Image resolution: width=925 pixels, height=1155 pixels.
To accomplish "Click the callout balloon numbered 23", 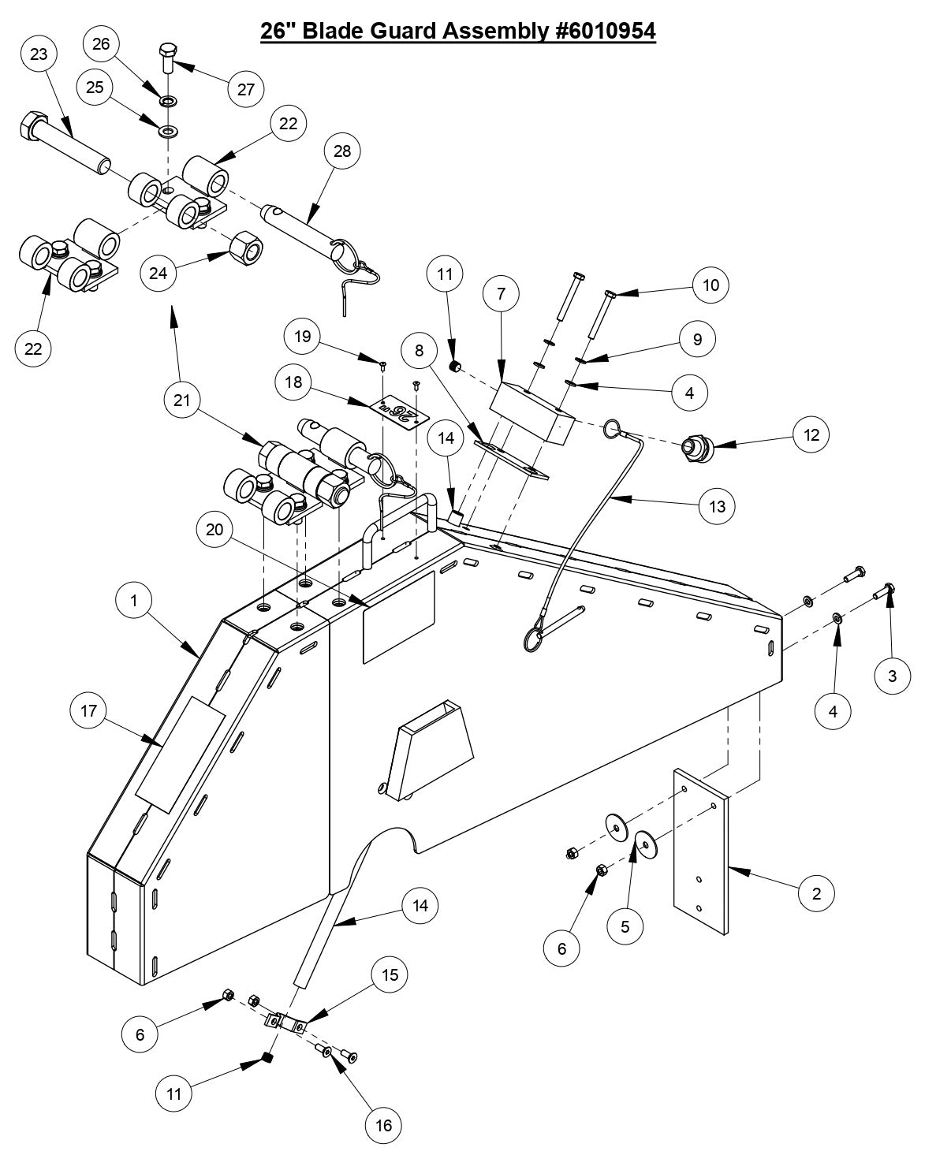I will click(x=39, y=54).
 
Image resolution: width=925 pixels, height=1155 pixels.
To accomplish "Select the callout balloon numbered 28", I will click(x=341, y=151).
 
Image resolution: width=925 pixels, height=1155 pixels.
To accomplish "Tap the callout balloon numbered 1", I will click(x=135, y=601).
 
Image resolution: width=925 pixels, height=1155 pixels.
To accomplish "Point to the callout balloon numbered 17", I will click(x=88, y=712).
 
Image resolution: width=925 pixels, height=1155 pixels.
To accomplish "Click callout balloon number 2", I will click(x=816, y=893).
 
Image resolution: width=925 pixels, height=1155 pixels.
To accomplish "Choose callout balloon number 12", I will click(x=811, y=434).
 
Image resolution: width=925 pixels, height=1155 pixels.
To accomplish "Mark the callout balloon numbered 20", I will click(x=214, y=531).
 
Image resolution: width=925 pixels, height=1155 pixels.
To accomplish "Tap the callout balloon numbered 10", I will click(x=711, y=285).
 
